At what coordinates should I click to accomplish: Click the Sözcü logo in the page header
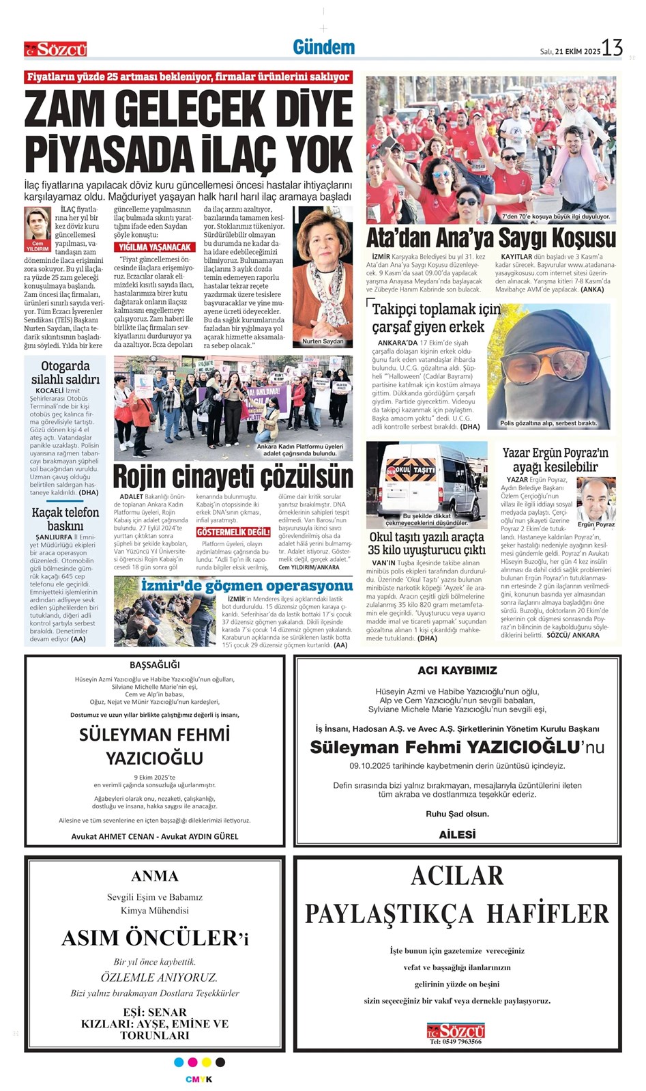click(56, 49)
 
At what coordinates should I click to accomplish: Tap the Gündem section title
click(323, 47)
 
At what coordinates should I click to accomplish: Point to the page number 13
click(612, 48)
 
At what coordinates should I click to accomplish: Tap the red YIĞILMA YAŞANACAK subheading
click(155, 246)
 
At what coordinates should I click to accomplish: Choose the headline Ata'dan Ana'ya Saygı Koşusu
click(491, 238)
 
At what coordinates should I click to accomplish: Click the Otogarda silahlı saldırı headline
click(65, 372)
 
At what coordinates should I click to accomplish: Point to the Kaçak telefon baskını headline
click(65, 519)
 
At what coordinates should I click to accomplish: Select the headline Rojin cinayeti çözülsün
click(233, 476)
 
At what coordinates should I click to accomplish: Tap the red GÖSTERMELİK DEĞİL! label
click(233, 532)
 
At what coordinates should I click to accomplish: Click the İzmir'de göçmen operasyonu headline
click(246, 586)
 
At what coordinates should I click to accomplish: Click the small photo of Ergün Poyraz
click(596, 501)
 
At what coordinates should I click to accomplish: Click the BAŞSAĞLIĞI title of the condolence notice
click(154, 664)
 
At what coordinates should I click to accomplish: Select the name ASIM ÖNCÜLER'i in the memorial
click(154, 937)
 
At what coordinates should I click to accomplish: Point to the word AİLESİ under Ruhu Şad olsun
click(457, 834)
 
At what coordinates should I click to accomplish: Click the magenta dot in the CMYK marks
click(192, 1062)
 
